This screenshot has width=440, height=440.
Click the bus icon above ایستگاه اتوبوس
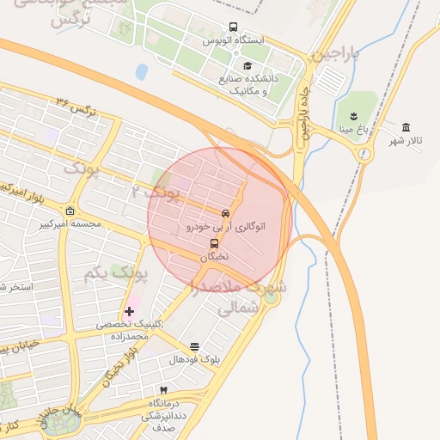pyautogui.click(x=234, y=27)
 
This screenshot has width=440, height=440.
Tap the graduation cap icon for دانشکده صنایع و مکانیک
pyautogui.click(x=247, y=66)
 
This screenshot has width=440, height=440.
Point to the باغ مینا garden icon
pyautogui.click(x=352, y=115)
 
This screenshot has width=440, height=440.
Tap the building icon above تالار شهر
pyautogui.click(x=406, y=127)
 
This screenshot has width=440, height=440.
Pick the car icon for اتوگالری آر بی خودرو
pyautogui.click(x=225, y=213)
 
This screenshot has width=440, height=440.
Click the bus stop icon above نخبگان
pyautogui.click(x=215, y=242)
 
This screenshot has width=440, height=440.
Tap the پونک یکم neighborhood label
pyautogui.click(x=116, y=274)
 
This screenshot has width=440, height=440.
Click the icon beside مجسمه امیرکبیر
pyautogui.click(x=70, y=211)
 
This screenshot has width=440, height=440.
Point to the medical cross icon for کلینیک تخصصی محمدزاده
pyautogui.click(x=129, y=310)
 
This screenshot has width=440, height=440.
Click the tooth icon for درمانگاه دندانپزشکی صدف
pyautogui.click(x=152, y=390)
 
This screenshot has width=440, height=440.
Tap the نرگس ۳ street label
pyautogui.click(x=76, y=107)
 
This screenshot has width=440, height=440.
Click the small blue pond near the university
pyautogui.click(x=142, y=71)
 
